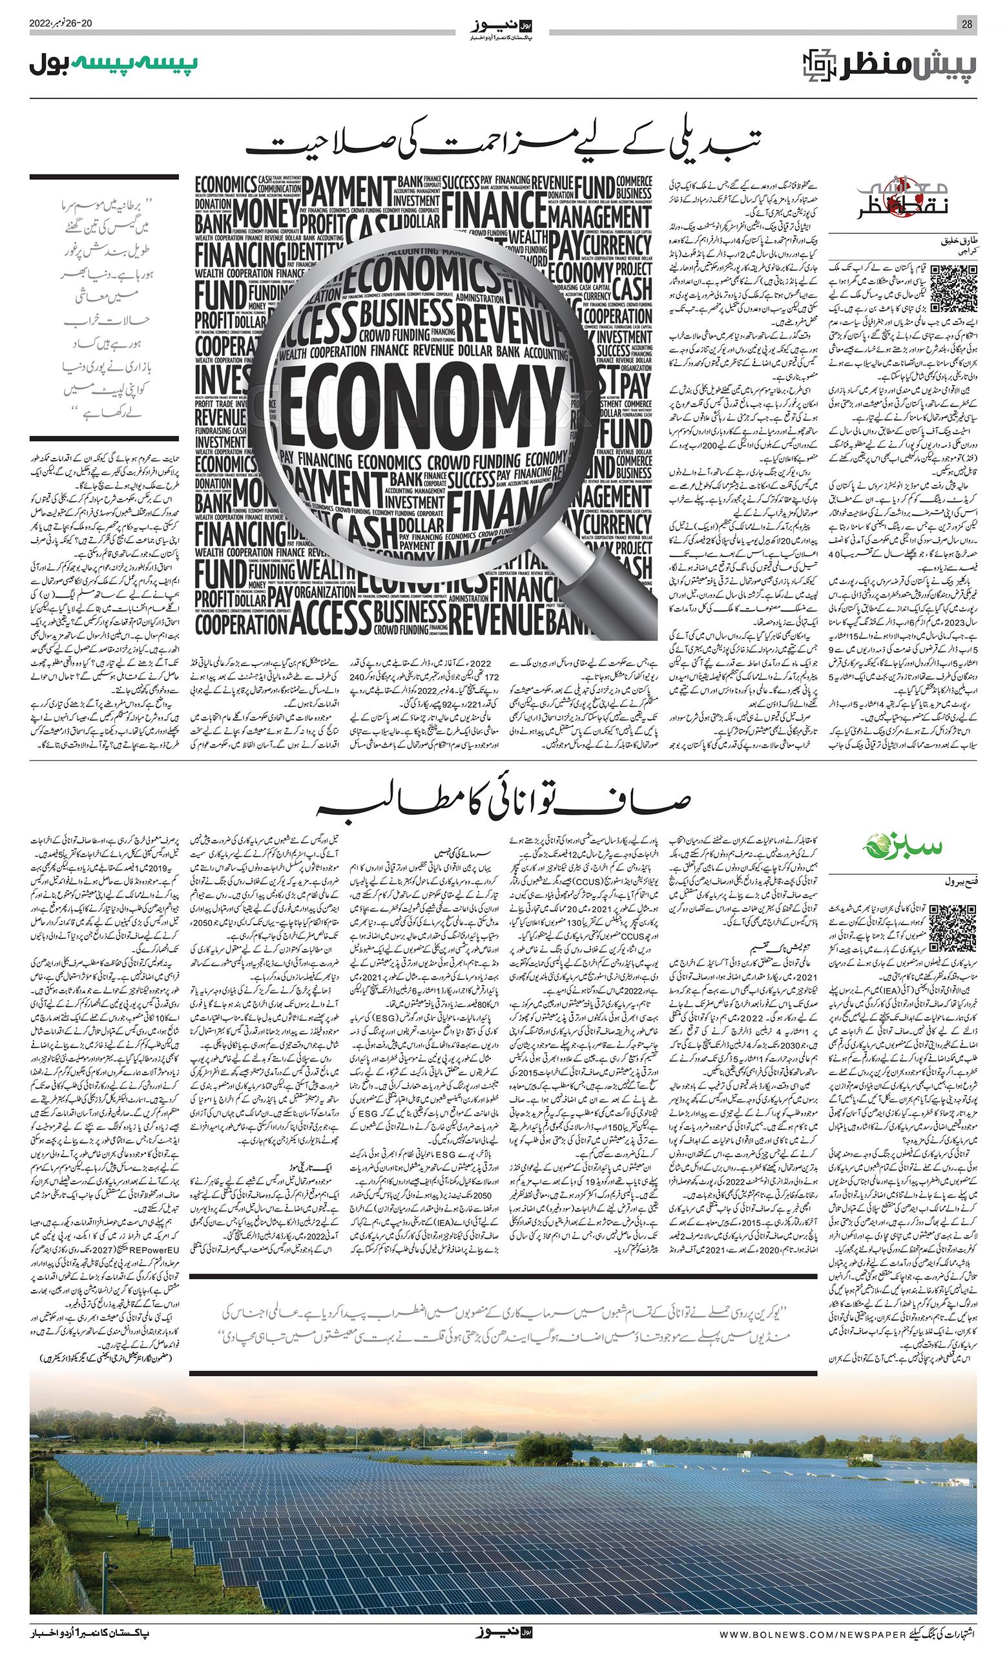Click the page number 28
[x=967, y=24]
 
